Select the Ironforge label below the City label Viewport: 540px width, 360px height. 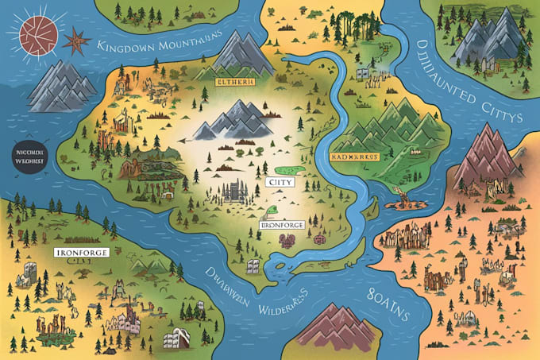click(281, 225)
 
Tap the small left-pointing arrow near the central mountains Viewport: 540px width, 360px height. click(184, 137)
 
